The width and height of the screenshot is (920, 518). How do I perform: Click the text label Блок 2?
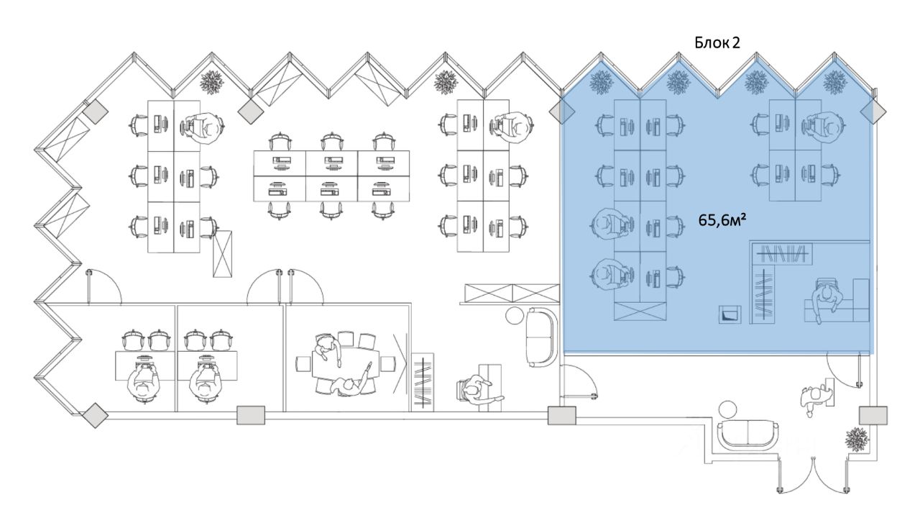click(717, 42)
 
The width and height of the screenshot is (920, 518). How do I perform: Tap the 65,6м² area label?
click(722, 221)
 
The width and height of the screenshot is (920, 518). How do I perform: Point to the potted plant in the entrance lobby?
click(857, 439)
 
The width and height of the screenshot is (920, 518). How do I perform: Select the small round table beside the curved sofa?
click(513, 316)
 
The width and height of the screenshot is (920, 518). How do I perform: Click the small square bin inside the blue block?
click(730, 314)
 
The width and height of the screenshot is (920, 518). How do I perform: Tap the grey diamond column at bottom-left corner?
click(95, 416)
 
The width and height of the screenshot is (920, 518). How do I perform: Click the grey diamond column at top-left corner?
click(95, 112)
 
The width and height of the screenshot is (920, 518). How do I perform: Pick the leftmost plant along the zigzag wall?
click(212, 82)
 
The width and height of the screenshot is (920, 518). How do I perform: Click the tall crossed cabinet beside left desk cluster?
click(222, 253)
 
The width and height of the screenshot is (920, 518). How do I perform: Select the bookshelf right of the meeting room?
click(422, 381)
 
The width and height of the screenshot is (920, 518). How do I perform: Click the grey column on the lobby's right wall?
click(873, 415)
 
